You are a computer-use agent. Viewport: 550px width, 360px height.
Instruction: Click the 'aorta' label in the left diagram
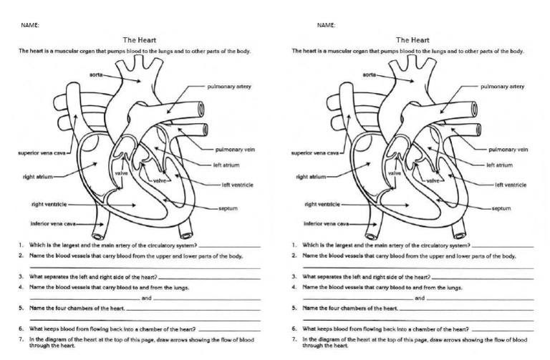click(95, 74)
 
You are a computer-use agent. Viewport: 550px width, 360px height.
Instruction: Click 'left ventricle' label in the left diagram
click(238, 185)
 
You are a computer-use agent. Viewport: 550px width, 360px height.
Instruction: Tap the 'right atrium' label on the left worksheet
click(38, 175)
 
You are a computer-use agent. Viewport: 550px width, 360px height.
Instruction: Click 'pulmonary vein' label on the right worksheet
click(508, 150)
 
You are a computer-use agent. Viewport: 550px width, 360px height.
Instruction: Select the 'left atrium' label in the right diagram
click(499, 165)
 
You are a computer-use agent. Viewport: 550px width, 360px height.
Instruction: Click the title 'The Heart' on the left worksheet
click(140, 40)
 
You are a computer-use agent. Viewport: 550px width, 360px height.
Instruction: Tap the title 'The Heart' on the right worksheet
click(412, 40)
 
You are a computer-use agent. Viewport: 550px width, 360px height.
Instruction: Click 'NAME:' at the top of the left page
click(30, 25)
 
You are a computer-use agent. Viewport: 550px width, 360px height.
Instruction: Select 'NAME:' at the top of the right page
click(326, 25)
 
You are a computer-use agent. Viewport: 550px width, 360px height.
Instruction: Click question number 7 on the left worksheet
click(21, 339)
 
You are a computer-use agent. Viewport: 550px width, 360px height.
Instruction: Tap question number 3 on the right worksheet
click(294, 276)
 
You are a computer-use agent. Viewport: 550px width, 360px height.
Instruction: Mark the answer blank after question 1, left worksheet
click(229, 246)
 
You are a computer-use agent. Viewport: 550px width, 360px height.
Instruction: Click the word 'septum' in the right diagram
click(501, 208)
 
